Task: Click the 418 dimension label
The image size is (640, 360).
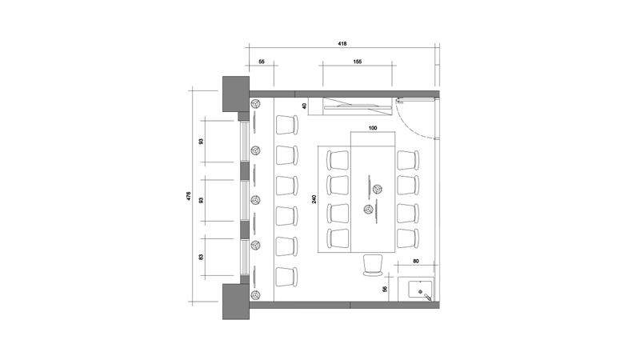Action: tap(342, 43)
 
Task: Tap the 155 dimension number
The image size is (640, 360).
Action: tap(357, 62)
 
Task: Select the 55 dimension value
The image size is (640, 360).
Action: tap(262, 62)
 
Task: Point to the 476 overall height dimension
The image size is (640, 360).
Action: tap(189, 196)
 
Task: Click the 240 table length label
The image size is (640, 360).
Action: tap(314, 199)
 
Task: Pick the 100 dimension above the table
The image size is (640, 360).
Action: tap(373, 128)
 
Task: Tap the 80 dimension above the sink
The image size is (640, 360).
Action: tap(416, 262)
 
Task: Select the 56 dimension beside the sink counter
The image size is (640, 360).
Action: tap(385, 289)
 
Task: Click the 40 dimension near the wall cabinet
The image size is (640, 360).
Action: tap(304, 106)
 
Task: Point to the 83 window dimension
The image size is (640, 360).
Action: tap(201, 257)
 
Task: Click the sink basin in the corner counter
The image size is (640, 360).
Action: tap(420, 290)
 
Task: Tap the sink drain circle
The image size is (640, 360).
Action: tap(420, 291)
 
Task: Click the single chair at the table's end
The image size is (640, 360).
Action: tap(373, 266)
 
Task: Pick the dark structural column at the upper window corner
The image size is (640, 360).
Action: tap(235, 94)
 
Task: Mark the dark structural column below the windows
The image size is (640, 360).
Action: tap(235, 302)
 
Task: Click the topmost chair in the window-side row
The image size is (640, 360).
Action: tap(287, 125)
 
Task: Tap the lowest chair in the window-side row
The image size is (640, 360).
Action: tap(287, 277)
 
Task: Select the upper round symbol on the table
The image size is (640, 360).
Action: tap(377, 189)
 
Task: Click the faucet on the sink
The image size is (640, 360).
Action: tap(427, 297)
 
